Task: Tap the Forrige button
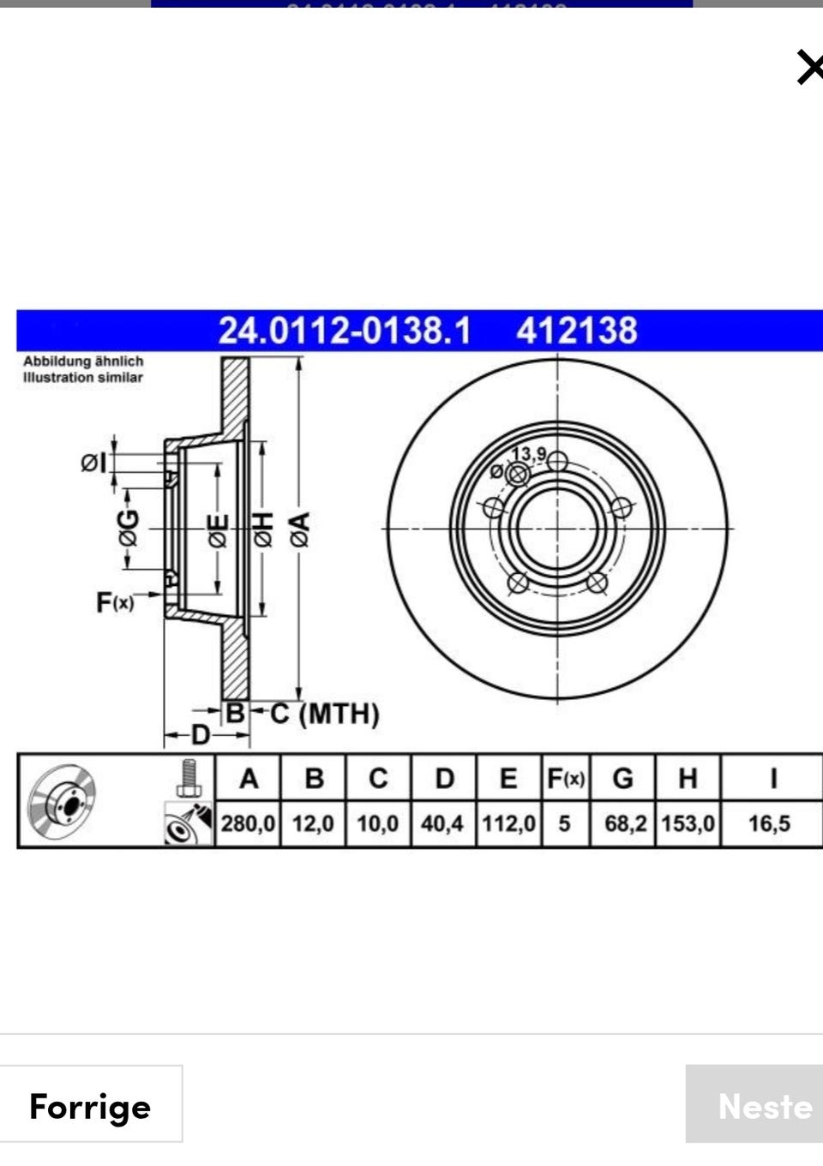[91, 1106]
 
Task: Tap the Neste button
[754, 1106]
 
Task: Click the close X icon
[810, 67]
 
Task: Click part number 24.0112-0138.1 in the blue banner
[345, 331]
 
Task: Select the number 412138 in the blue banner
[577, 331]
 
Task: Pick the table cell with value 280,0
[248, 823]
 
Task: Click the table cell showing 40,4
[442, 823]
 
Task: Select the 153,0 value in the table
[688, 823]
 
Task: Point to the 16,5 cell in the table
[769, 823]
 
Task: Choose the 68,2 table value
[625, 823]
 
